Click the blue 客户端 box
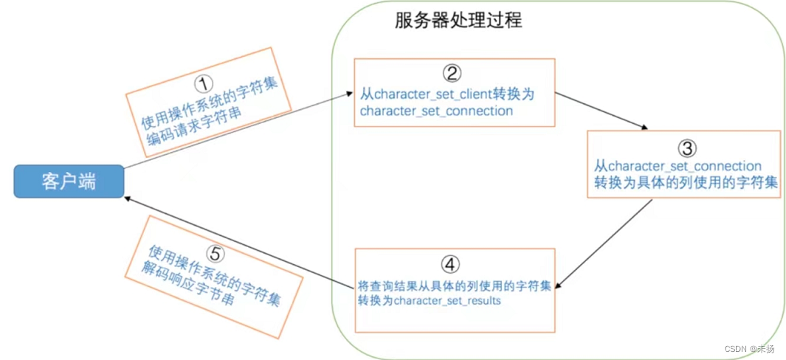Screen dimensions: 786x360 (x=68, y=181)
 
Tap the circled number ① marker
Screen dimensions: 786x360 (x=202, y=82)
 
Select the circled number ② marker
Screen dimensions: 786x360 (x=452, y=72)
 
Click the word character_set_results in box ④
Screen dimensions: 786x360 (x=448, y=302)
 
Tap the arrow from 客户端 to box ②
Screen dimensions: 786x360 (x=236, y=130)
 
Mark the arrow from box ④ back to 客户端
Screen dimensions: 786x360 (x=236, y=238)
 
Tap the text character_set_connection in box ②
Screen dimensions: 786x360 (x=436, y=111)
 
